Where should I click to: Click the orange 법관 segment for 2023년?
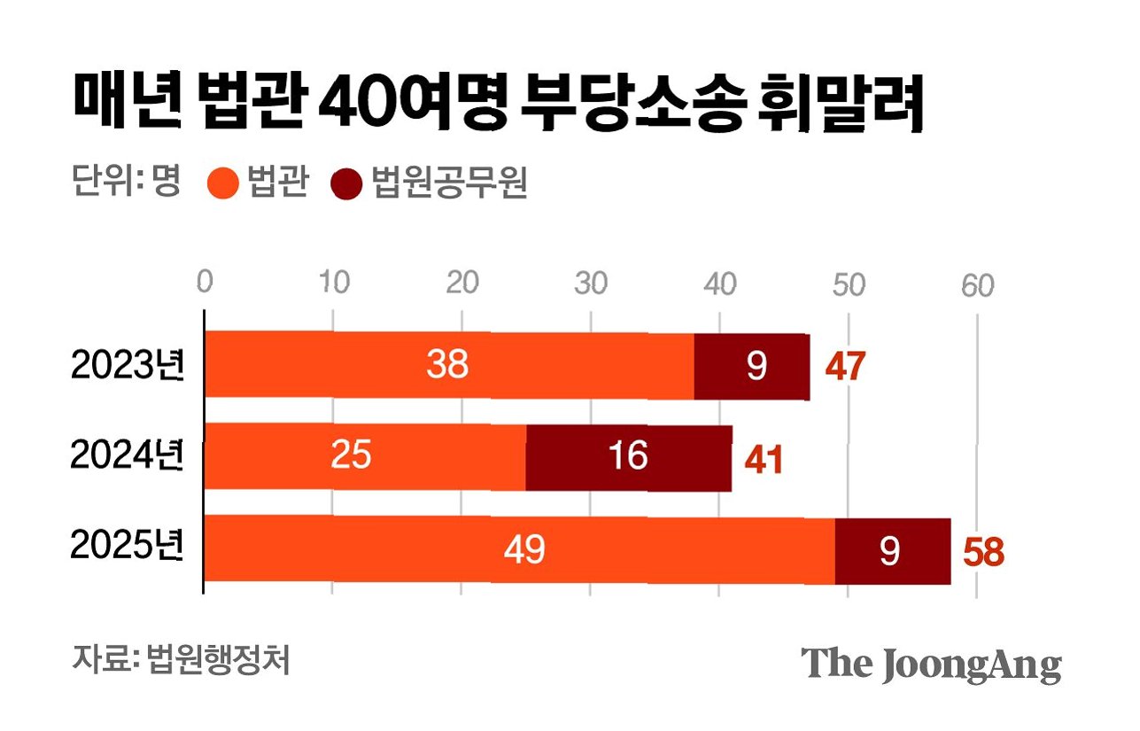pos(449,364)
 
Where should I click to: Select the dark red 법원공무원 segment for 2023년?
pos(752,367)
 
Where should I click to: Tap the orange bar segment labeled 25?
pos(365,456)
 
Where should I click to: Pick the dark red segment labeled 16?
pos(629,458)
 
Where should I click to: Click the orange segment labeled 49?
pos(520,548)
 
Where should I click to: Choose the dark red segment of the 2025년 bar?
pos(893,551)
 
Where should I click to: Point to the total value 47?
pos(845,367)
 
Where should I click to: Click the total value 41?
pos(764,460)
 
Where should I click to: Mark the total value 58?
pos(984,553)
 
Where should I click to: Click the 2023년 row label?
pos(128,365)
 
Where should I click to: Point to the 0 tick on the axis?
pos(205,282)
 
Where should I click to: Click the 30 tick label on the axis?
pos(591,283)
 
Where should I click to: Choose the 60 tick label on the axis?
pos(977,285)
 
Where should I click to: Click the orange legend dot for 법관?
pos(223,183)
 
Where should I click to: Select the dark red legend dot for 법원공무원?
pos(346,183)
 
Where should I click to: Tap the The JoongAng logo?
pos(931,665)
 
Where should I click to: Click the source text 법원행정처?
pos(218,660)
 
